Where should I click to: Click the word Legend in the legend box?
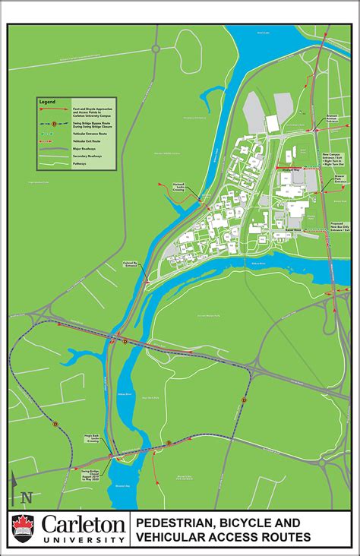[48, 102]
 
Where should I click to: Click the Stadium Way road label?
[291, 169]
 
